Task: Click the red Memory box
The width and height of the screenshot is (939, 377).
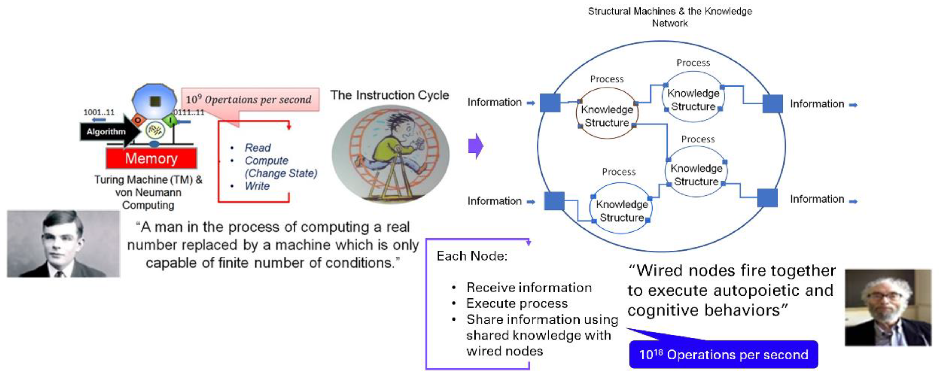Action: (x=151, y=158)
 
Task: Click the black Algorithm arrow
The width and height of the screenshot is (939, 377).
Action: (x=109, y=131)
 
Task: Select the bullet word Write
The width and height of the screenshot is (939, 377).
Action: (x=257, y=186)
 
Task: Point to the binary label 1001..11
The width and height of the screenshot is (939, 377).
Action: (x=99, y=112)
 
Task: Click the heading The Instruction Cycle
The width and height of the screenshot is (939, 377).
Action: (x=390, y=95)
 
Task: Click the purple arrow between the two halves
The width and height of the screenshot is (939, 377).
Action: (x=476, y=146)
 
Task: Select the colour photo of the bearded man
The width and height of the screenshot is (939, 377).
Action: (x=888, y=308)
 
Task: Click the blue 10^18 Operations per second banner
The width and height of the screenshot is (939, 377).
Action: (x=724, y=354)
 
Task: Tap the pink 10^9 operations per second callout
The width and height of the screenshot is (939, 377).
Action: (x=250, y=99)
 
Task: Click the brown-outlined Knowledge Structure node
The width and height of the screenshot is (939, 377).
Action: (x=607, y=113)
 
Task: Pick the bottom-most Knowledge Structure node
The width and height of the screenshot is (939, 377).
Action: (x=621, y=208)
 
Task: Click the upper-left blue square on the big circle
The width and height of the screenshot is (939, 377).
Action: (x=550, y=103)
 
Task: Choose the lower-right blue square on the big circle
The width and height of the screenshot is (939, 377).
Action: (x=767, y=198)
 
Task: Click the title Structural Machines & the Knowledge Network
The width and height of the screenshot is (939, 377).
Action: (x=670, y=17)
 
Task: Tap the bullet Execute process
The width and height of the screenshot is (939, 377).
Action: (x=517, y=303)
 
